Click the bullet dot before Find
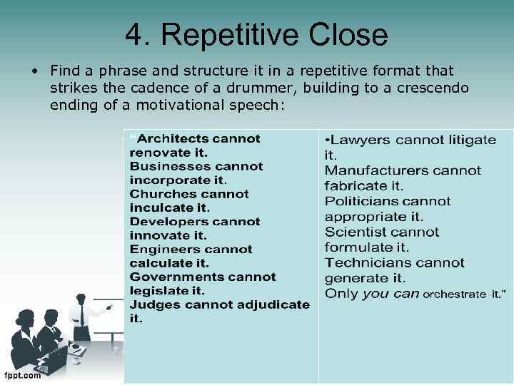coord(34,71)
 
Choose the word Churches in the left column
coord(159,194)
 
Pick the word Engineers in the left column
coord(161,250)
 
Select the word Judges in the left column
coord(150,304)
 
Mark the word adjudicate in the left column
coord(274,304)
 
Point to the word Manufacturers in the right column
coord(378,170)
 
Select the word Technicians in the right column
coord(369,263)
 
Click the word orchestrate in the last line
coord(455,294)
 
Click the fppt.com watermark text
coord(21,376)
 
